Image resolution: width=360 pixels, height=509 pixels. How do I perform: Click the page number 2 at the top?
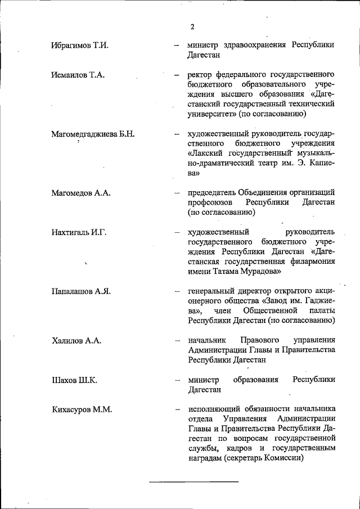(192, 27)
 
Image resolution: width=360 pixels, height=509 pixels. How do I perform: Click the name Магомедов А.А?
(80, 193)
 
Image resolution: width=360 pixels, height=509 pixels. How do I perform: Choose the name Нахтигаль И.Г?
(79, 232)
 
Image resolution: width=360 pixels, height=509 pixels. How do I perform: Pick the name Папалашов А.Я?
(81, 291)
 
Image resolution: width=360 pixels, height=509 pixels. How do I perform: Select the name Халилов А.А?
(76, 340)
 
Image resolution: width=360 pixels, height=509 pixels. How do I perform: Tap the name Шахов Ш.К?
(74, 380)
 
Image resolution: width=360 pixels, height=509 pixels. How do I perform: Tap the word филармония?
(312, 262)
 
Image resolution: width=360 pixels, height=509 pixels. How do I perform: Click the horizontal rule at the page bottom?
(193, 482)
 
